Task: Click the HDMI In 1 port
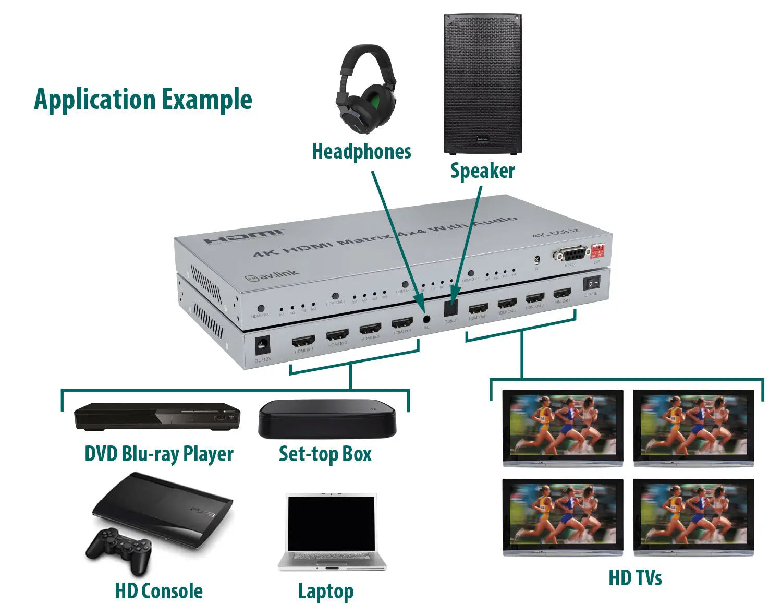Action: click(x=303, y=342)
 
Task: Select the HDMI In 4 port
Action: click(x=402, y=323)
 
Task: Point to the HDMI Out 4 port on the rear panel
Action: click(x=562, y=294)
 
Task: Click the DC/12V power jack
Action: click(x=262, y=345)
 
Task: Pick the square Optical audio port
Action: click(x=450, y=308)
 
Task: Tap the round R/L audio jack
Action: click(x=426, y=319)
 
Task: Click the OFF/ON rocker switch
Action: click(x=591, y=283)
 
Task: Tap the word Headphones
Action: click(x=361, y=151)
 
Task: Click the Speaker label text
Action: click(x=482, y=171)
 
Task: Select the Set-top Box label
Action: click(x=325, y=454)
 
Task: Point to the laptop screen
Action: click(x=332, y=523)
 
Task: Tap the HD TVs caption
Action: click(x=634, y=578)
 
